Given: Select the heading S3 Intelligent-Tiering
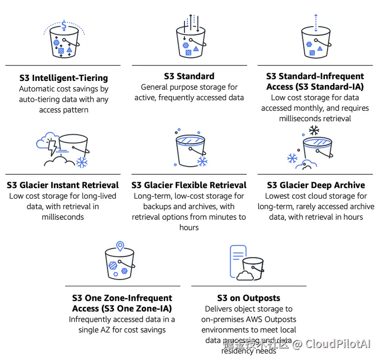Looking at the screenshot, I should coord(63,78).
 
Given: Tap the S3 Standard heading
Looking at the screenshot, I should coord(189,76).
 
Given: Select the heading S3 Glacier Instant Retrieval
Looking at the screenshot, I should coord(63,185).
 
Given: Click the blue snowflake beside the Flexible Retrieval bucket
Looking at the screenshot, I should coord(202,161).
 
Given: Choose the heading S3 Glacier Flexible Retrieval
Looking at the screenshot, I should coord(189,185).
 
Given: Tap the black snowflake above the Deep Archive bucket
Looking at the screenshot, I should coord(314,131).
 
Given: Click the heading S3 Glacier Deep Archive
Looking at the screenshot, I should coord(316,185).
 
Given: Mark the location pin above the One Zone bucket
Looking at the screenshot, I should coord(120,246).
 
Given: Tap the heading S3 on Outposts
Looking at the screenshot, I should coord(248,298).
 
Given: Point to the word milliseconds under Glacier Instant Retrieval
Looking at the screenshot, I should coord(63,217).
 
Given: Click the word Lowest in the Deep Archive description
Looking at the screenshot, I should coord(277,196).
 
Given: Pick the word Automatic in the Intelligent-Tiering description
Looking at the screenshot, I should coord(39,89).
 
